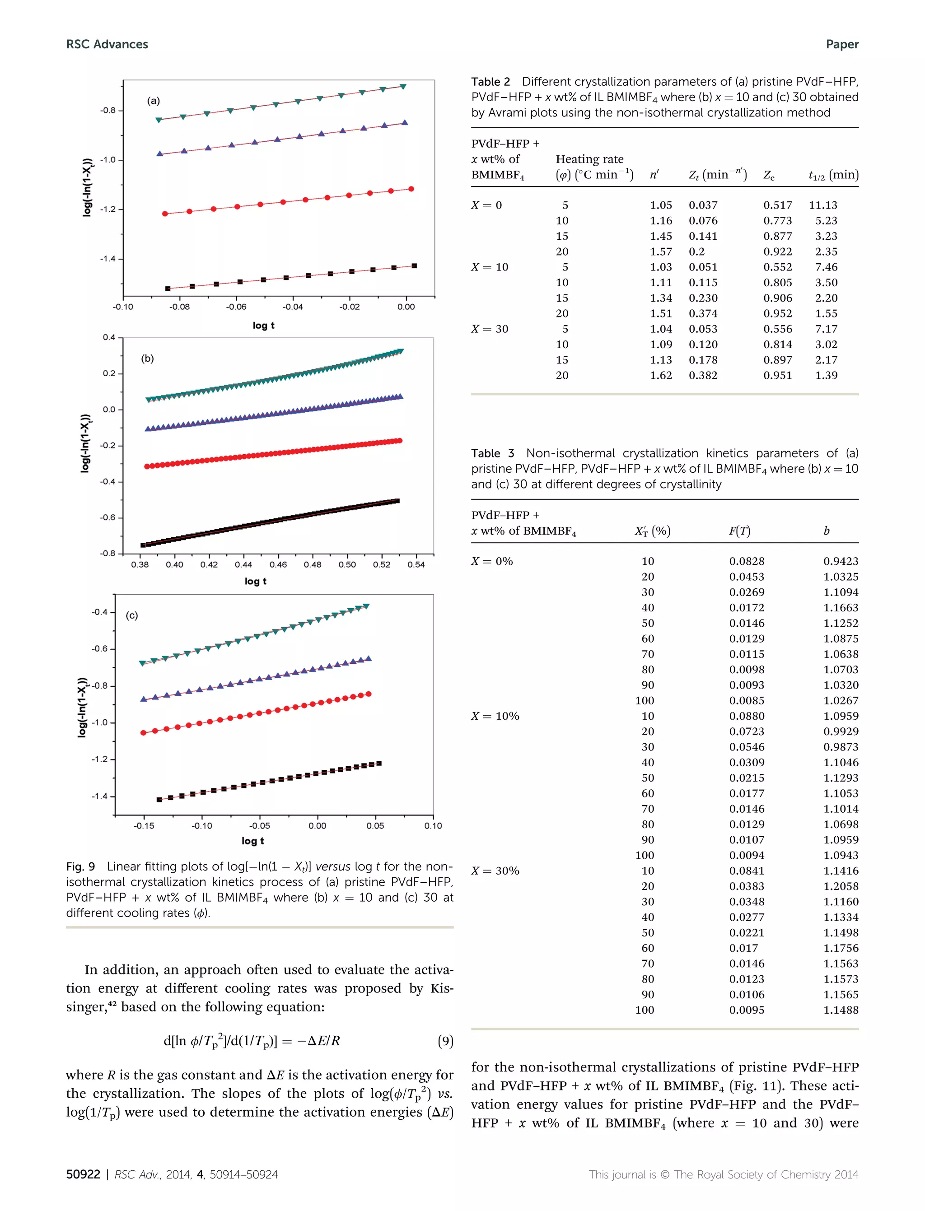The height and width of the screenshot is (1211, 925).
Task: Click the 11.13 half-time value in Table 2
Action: (822, 205)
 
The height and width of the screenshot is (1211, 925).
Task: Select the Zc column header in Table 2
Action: (769, 175)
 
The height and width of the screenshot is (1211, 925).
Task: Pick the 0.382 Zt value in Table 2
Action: (703, 375)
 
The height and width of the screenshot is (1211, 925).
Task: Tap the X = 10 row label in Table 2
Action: (490, 267)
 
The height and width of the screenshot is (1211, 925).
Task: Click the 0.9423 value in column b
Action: (841, 561)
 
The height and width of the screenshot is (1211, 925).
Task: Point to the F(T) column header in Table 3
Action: (739, 531)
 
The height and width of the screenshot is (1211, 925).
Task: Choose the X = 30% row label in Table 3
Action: (495, 871)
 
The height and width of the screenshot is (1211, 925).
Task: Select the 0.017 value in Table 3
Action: (744, 948)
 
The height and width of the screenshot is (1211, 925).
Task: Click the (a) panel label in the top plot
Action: (153, 101)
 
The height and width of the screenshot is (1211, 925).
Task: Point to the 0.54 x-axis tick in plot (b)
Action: (416, 565)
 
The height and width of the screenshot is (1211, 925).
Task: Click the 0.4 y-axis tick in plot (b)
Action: (109, 337)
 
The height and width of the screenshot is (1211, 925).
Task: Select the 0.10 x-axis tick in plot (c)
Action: (433, 826)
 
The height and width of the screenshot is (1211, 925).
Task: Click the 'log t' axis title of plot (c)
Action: (253, 841)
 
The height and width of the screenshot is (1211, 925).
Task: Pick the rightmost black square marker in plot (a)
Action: (414, 266)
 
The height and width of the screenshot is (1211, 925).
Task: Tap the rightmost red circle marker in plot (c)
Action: (369, 694)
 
